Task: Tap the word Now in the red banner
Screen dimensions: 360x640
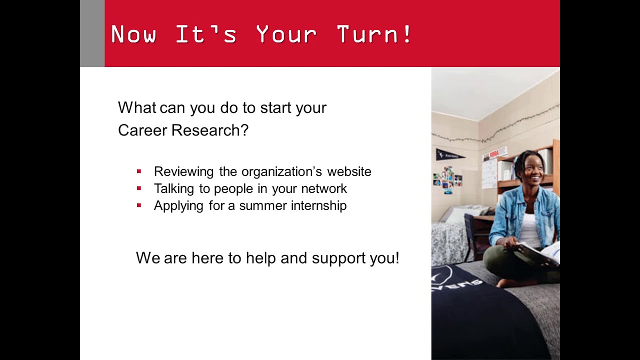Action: point(133,34)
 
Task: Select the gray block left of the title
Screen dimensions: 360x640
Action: point(92,33)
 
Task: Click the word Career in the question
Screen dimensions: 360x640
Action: point(142,130)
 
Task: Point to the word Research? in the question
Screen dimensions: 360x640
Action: point(210,130)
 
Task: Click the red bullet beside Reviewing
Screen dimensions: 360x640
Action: point(139,171)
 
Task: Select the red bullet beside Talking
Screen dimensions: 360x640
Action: point(139,188)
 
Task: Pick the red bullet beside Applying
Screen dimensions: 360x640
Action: point(139,205)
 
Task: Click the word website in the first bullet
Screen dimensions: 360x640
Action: point(349,171)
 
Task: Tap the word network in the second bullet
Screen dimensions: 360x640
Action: point(324,188)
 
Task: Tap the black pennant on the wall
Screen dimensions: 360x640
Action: point(448,155)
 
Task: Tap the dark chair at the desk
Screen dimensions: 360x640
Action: point(470,235)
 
